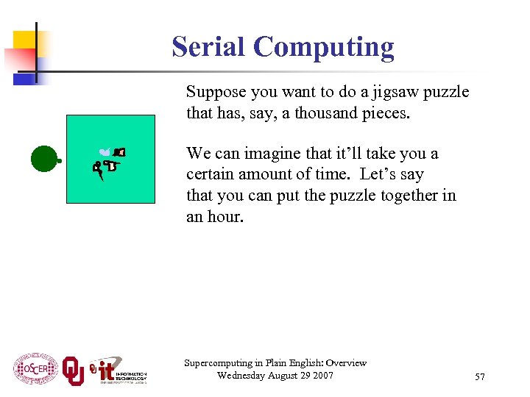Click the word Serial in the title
coord(208,46)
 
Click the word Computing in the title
coord(324,48)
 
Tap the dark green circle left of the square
coord(45,158)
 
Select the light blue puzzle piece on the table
coord(105,152)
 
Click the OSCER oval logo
coord(35,369)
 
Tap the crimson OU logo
coord(73,371)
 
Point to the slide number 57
coord(480,377)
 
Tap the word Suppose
coord(215,93)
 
